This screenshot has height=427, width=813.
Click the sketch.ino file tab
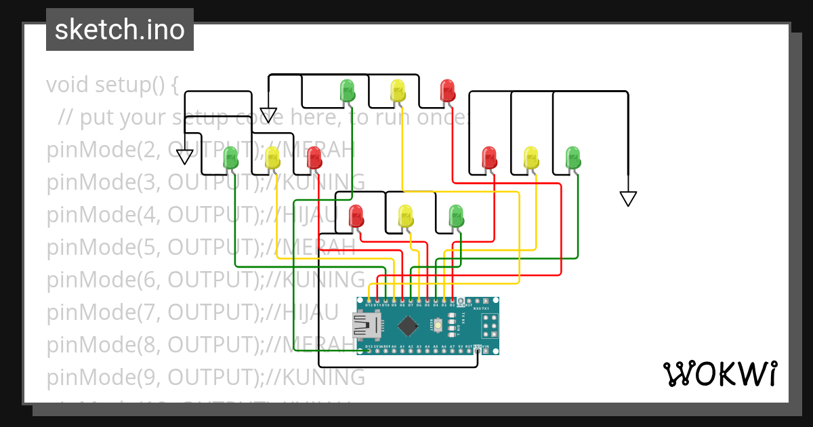pos(120,30)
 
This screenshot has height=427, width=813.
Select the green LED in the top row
pos(347,89)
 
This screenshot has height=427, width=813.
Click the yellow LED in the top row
pos(398,89)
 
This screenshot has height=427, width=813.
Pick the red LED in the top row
pos(447,89)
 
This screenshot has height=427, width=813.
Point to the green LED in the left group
pos(231,157)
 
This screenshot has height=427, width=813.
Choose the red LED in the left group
pos(314,157)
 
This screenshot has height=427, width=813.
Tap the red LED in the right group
pos(489,157)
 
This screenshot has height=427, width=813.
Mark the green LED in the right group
pos(573,157)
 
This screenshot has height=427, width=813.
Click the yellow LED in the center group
pos(405,216)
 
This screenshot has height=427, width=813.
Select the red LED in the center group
pos(356,216)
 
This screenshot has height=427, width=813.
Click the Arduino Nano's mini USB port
pos(367,326)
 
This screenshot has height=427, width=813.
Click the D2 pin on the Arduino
pos(452,300)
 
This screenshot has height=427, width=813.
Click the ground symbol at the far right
pos(628,198)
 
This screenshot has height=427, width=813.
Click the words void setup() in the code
pos(112,85)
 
